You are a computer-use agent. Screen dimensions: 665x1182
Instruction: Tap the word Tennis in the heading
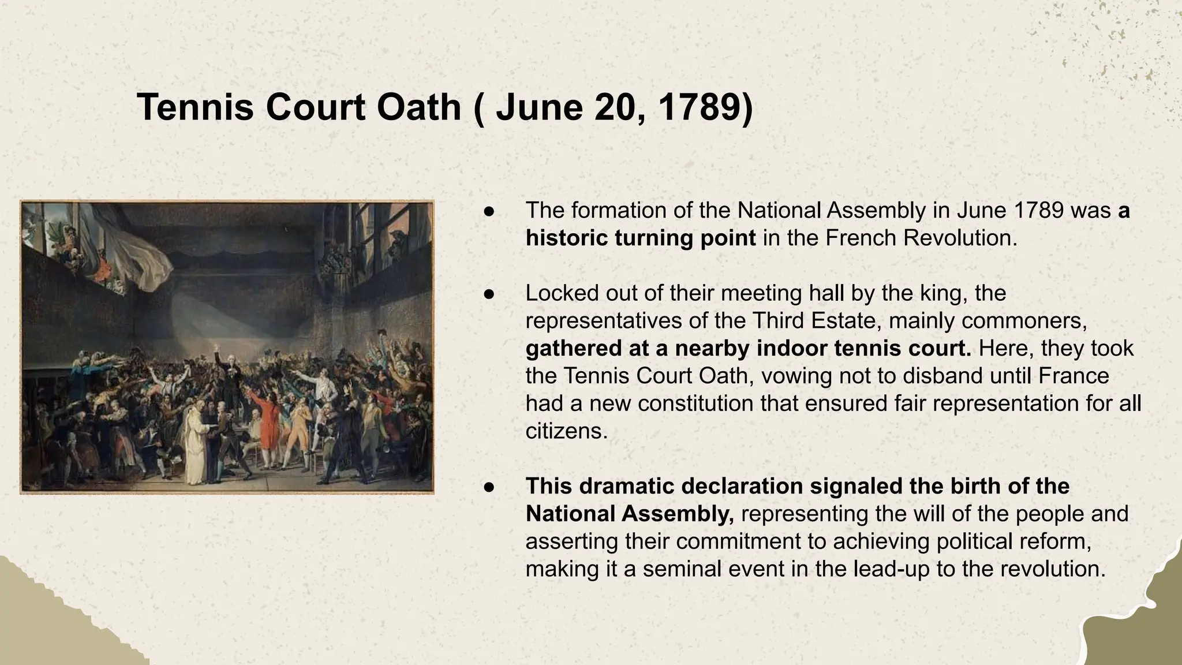[195, 107]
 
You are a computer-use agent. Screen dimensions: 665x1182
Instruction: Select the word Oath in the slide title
[418, 107]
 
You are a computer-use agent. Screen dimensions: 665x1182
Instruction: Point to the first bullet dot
[489, 211]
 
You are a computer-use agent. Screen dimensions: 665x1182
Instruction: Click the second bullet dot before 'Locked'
[489, 294]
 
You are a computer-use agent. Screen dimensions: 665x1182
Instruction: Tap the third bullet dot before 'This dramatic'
[489, 487]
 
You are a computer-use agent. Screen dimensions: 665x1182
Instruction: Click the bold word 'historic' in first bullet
[566, 238]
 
